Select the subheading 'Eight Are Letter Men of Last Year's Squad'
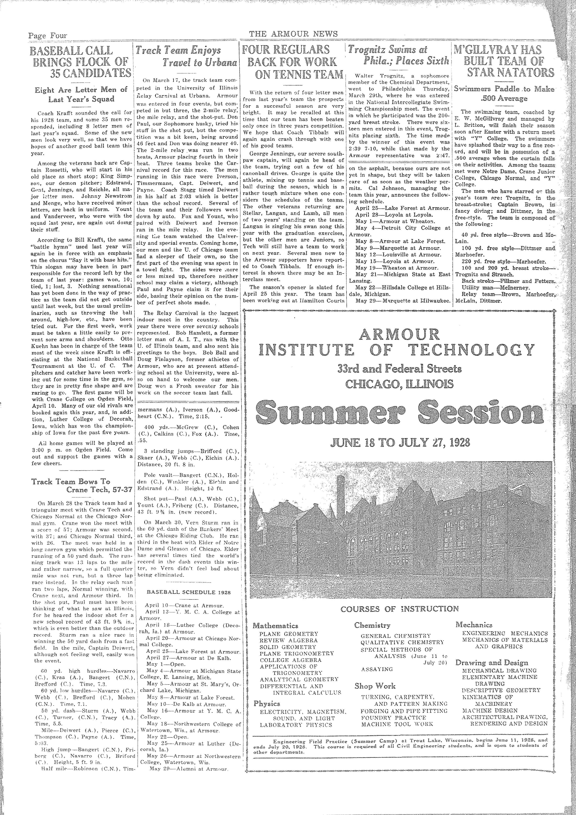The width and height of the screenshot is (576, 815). (81, 94)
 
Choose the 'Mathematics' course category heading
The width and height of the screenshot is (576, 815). (275, 625)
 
